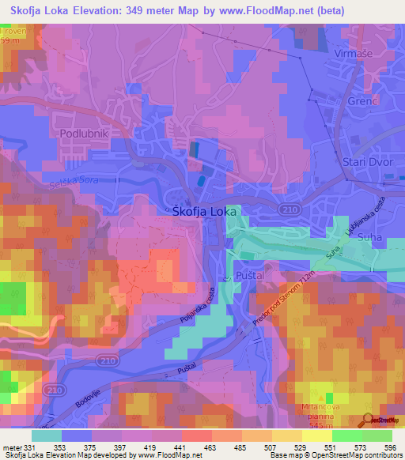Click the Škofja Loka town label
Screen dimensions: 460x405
pyautogui.click(x=205, y=211)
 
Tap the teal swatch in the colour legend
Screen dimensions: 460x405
pyautogui.click(x=46, y=435)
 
